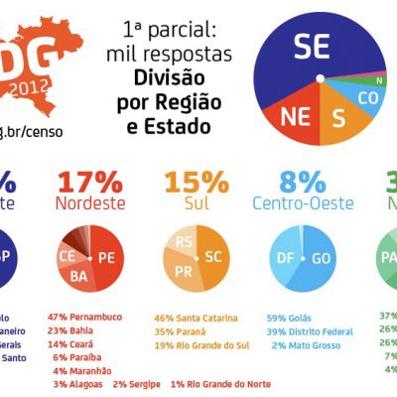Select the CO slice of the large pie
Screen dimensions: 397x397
pyautogui.click(x=366, y=99)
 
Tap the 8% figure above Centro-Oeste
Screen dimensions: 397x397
pyautogui.click(x=302, y=183)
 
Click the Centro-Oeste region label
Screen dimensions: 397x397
pyautogui.click(x=301, y=205)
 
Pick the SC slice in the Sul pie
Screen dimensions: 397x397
pyautogui.click(x=211, y=257)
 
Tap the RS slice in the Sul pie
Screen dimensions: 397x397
pyautogui.click(x=184, y=241)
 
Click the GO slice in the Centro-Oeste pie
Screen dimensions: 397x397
pyautogui.click(x=320, y=257)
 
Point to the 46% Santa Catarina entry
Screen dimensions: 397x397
pyautogui.click(x=196, y=318)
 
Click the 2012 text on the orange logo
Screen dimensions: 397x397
pyautogui.click(x=35, y=86)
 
